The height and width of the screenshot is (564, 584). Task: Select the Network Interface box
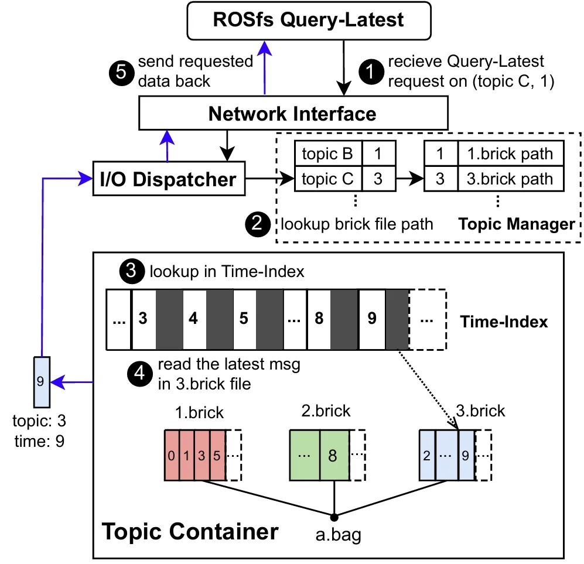[293, 112]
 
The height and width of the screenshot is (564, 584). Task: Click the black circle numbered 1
[369, 70]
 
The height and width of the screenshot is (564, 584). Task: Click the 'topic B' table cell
[327, 155]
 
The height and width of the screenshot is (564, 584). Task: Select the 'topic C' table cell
[327, 179]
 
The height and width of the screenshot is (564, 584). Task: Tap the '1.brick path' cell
[510, 155]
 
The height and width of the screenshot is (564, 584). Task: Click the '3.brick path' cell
[510, 179]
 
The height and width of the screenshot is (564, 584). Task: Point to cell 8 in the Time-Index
[319, 319]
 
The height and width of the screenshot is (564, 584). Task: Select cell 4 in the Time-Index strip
[194, 319]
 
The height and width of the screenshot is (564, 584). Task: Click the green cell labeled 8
[333, 454]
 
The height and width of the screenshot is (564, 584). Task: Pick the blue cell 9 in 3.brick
[466, 454]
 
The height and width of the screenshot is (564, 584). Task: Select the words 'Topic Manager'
[516, 224]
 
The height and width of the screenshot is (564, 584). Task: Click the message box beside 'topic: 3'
[40, 381]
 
